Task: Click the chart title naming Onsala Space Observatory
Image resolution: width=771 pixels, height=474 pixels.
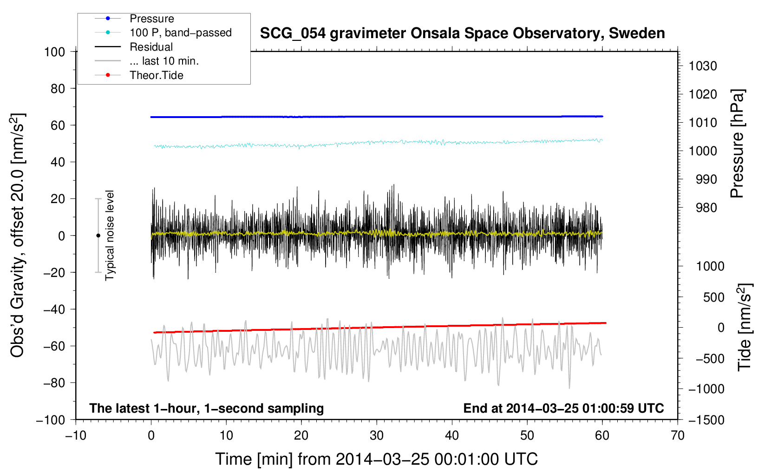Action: click(462, 33)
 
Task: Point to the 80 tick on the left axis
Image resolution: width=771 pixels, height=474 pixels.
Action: click(58, 89)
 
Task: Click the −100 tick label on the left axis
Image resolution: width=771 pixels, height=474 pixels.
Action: click(51, 420)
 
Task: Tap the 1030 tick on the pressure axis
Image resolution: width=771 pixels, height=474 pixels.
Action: click(703, 66)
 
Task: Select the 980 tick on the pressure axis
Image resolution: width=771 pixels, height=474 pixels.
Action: click(706, 208)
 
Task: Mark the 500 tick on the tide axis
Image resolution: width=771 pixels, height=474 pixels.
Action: click(713, 297)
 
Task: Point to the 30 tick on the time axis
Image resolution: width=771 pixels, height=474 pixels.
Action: click(377, 436)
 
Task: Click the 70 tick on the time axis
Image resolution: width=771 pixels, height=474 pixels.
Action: click(677, 436)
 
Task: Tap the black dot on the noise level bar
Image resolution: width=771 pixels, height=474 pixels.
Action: click(98, 236)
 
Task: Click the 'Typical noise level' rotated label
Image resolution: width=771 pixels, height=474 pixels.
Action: click(110, 235)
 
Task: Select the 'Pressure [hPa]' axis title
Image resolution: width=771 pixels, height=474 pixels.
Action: click(737, 144)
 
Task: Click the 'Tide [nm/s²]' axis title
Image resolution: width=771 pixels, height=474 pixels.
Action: click(745, 327)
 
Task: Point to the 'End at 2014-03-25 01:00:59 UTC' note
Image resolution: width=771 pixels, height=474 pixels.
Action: click(563, 408)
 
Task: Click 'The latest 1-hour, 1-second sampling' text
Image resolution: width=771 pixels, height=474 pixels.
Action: click(207, 408)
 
